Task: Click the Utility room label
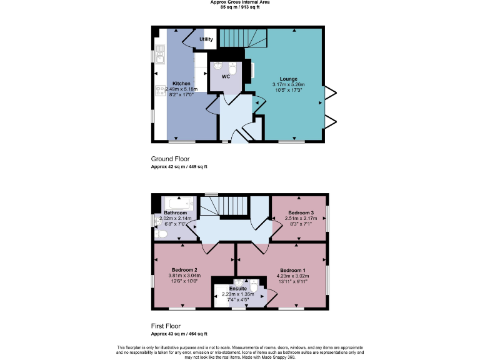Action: [x=206, y=39]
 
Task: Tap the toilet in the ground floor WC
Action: [x=232, y=68]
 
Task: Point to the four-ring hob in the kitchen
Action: [x=159, y=93]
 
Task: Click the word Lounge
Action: [x=288, y=79]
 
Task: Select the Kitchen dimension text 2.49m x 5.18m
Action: [x=181, y=89]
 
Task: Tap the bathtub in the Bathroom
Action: [x=179, y=204]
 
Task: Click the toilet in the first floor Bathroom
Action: [x=161, y=234]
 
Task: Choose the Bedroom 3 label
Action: [x=301, y=212]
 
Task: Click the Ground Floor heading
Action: [x=170, y=159]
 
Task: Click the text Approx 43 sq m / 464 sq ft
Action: [x=179, y=334]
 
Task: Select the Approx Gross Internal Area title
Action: [x=240, y=2]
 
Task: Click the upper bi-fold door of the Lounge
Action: [x=329, y=94]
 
